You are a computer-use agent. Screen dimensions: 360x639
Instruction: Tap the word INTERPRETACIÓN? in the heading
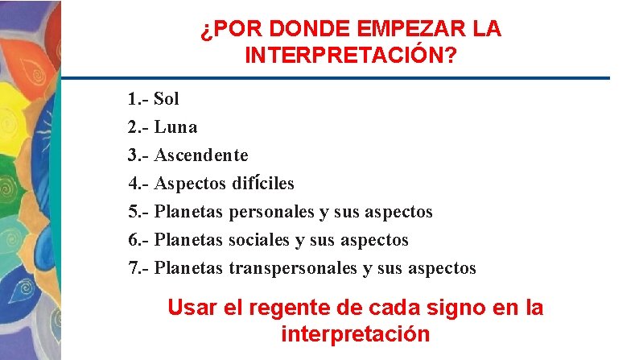pyautogui.click(x=352, y=56)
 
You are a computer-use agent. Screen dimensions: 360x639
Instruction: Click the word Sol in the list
pyautogui.click(x=167, y=99)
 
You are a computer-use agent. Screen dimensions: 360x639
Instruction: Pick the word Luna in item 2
pyautogui.click(x=175, y=127)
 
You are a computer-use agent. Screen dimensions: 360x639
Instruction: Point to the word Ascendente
pyautogui.click(x=201, y=155)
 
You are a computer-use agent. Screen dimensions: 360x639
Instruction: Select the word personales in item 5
pyautogui.click(x=272, y=212)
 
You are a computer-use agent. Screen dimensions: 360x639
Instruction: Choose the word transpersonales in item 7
pyautogui.click(x=294, y=268)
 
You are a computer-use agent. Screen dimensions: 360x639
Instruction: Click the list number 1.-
pyautogui.click(x=138, y=99)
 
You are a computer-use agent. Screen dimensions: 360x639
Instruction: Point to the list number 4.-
pyautogui.click(x=138, y=184)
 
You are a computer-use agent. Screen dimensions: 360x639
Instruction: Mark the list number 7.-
pyautogui.click(x=138, y=268)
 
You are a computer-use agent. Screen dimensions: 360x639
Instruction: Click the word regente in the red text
pyautogui.click(x=287, y=308)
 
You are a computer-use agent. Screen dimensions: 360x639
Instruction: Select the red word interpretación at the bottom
pyautogui.click(x=355, y=334)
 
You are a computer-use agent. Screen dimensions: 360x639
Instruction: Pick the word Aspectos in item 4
pyautogui.click(x=190, y=184)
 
